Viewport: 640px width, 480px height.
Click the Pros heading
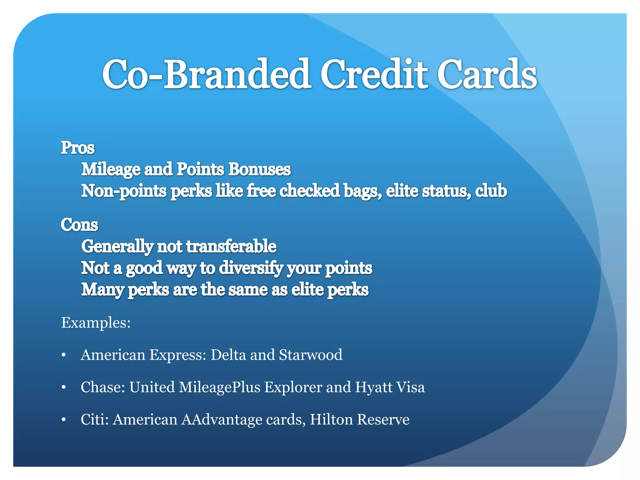(77, 148)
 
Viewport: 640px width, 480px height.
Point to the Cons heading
(79, 225)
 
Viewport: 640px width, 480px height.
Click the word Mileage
(111, 170)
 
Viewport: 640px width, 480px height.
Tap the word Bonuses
(259, 169)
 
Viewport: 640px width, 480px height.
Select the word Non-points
(124, 191)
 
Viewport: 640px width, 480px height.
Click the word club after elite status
(491, 191)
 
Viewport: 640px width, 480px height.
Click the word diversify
(251, 268)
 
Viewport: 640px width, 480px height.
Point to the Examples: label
(96, 322)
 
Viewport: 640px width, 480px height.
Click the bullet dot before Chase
(64, 388)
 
